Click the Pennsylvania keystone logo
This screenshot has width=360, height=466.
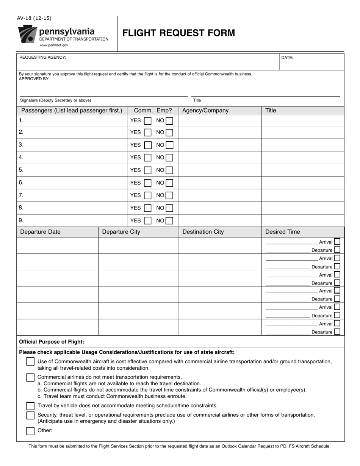click(x=27, y=34)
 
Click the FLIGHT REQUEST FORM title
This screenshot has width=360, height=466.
click(x=178, y=33)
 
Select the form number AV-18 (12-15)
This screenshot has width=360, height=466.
click(x=34, y=18)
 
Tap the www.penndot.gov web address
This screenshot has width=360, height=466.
click(x=54, y=45)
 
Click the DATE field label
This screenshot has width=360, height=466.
click(x=287, y=58)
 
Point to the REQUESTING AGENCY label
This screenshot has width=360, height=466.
click(x=42, y=57)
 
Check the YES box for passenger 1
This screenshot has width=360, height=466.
click(x=147, y=121)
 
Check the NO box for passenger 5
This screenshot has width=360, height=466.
click(x=169, y=170)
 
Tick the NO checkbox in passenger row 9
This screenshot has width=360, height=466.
click(x=169, y=220)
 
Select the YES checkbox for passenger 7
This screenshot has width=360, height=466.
click(x=147, y=195)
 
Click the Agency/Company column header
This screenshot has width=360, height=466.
click(x=205, y=111)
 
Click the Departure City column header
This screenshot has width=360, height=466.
click(x=121, y=232)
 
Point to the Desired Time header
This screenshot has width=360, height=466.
click(x=282, y=232)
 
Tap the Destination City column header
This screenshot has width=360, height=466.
click(x=203, y=232)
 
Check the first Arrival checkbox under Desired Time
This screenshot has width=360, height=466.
click(x=337, y=241)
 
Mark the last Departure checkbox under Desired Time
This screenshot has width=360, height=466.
click(x=337, y=332)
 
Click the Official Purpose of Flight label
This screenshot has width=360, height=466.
click(x=52, y=342)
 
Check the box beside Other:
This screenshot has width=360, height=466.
click(x=30, y=431)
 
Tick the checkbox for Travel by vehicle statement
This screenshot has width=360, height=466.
click(x=30, y=406)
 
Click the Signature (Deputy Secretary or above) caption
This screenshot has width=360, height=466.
click(x=55, y=100)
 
